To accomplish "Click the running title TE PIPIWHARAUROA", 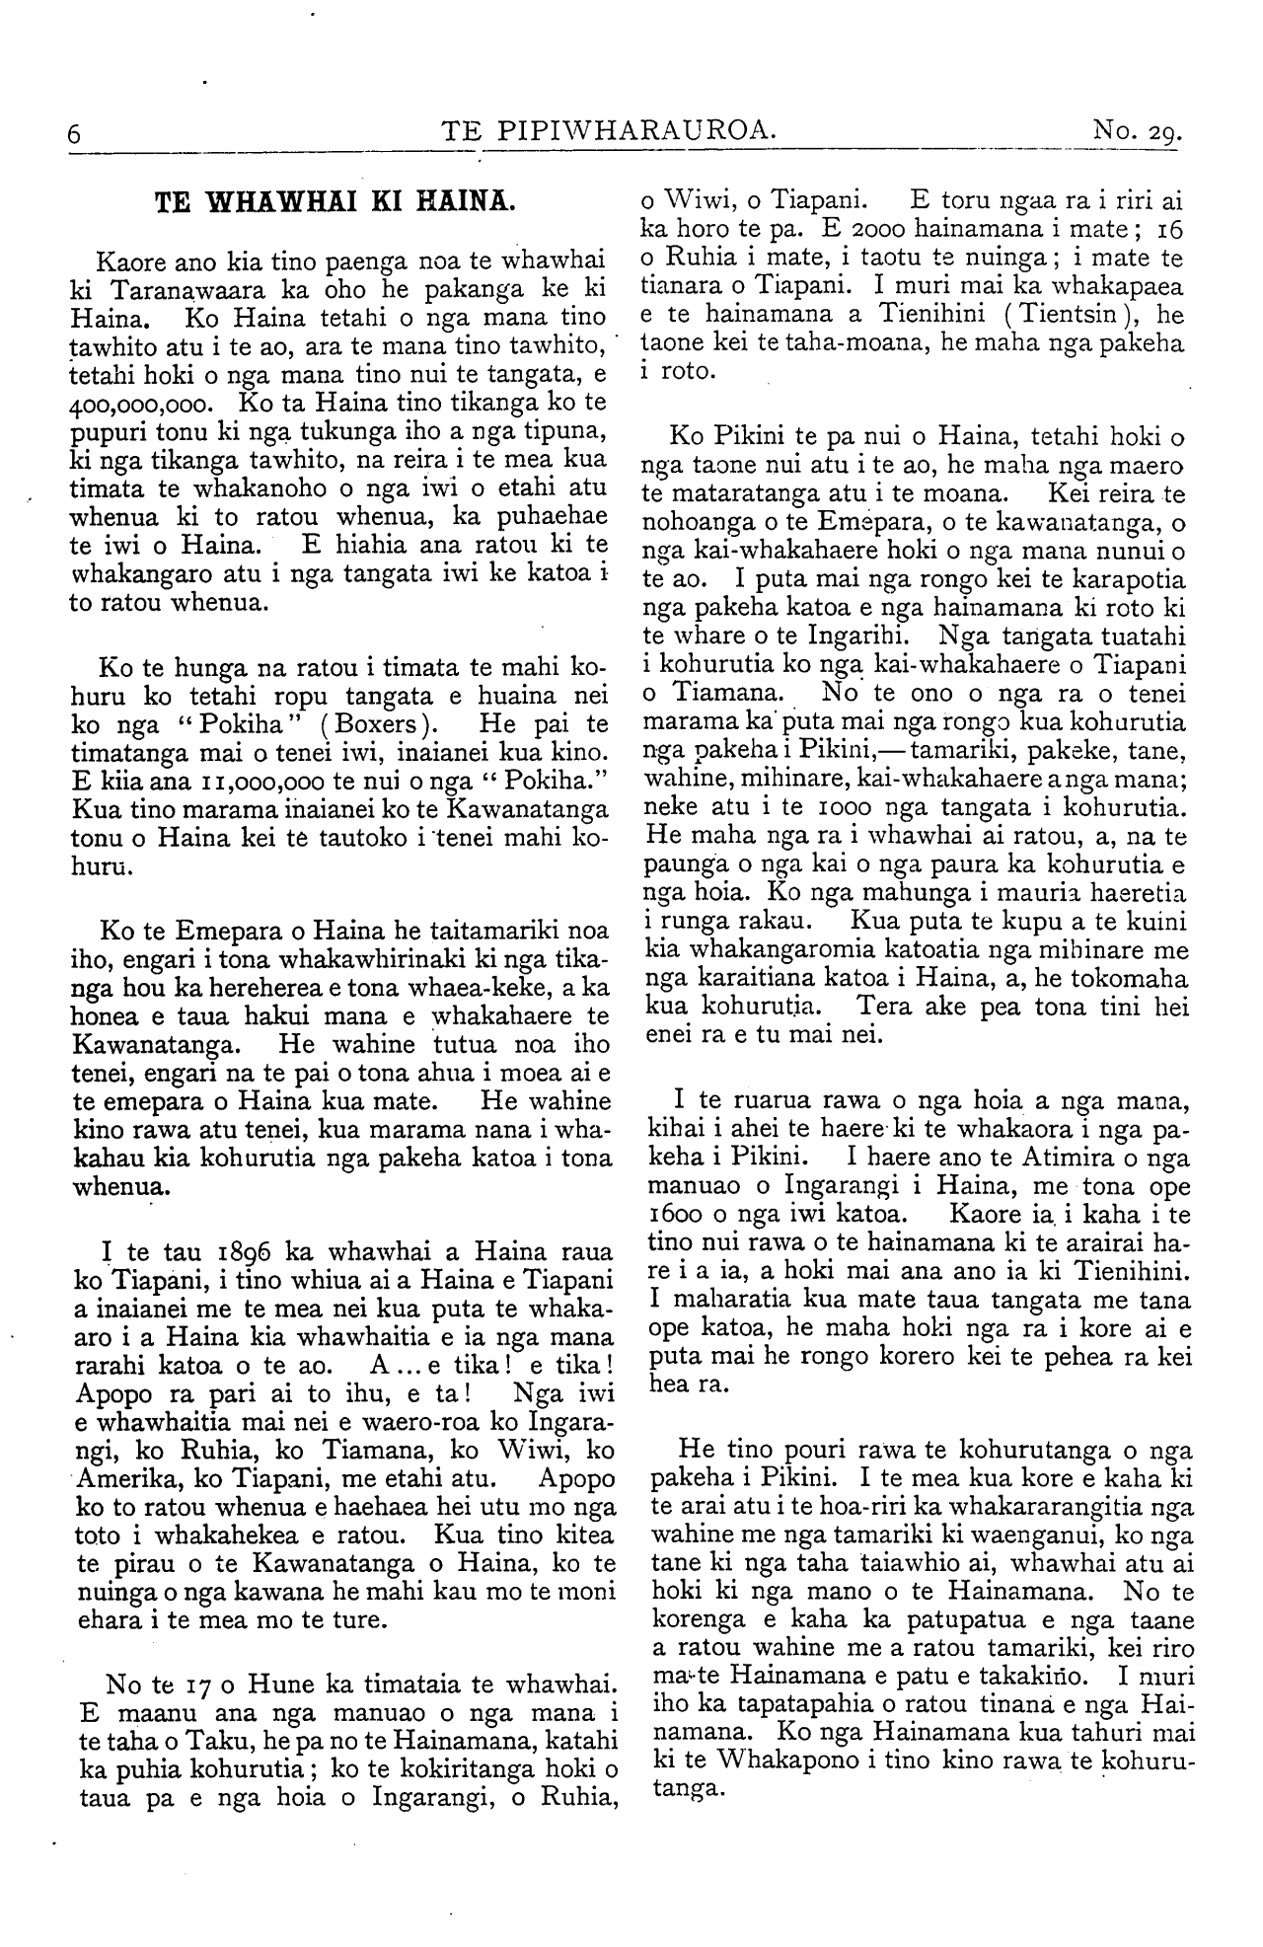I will coord(611,130).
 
